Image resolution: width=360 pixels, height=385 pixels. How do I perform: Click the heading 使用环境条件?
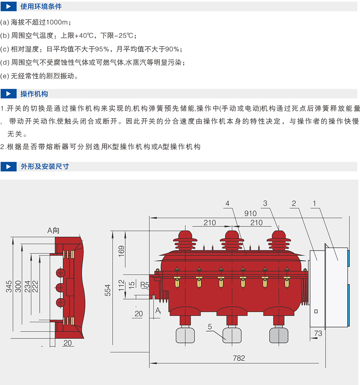[41, 6]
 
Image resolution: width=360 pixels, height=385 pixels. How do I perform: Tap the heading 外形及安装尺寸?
[45, 166]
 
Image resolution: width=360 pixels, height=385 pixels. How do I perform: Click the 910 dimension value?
[250, 214]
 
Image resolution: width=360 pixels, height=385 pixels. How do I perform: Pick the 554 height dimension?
[108, 290]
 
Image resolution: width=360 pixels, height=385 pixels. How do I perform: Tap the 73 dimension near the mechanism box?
[318, 333]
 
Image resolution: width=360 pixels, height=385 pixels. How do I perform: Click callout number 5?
[210, 326]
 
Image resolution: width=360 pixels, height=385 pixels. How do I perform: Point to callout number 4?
[227, 204]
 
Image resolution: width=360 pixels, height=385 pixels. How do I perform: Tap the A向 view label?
[54, 230]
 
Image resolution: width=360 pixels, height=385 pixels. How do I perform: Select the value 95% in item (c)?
[102, 49]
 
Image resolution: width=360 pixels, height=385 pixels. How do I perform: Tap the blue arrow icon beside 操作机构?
[9, 94]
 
